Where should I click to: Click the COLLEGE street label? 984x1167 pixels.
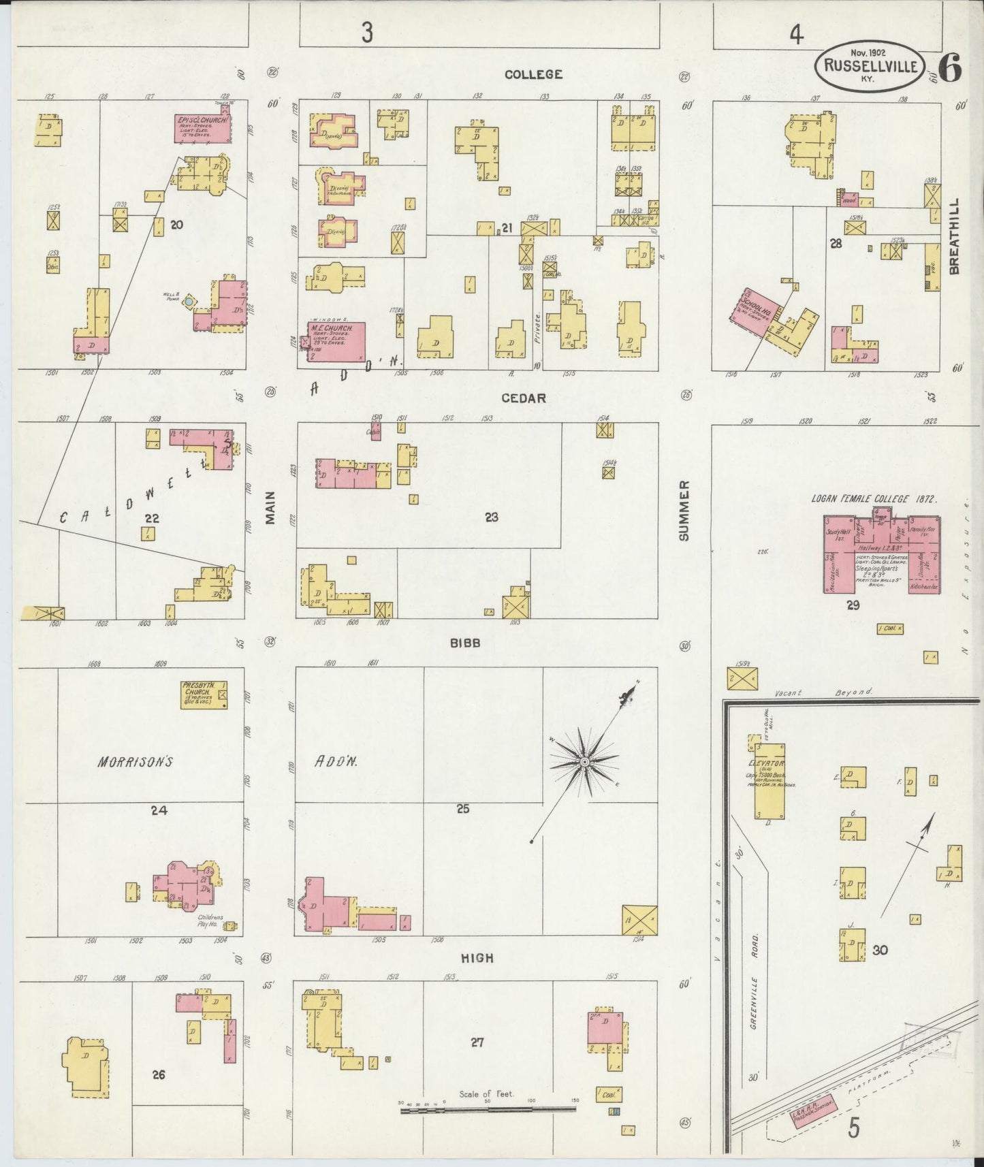click(533, 74)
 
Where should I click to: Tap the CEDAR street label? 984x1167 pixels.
click(524, 398)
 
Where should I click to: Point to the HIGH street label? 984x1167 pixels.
click(477, 958)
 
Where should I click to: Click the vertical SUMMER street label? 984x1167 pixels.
click(684, 511)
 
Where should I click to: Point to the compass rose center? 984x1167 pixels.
click(584, 761)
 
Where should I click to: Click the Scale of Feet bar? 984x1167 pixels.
click(488, 1110)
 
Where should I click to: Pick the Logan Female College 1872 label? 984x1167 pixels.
click(874, 499)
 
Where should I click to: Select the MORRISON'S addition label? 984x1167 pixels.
click(134, 762)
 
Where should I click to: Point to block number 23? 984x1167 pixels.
click(492, 517)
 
